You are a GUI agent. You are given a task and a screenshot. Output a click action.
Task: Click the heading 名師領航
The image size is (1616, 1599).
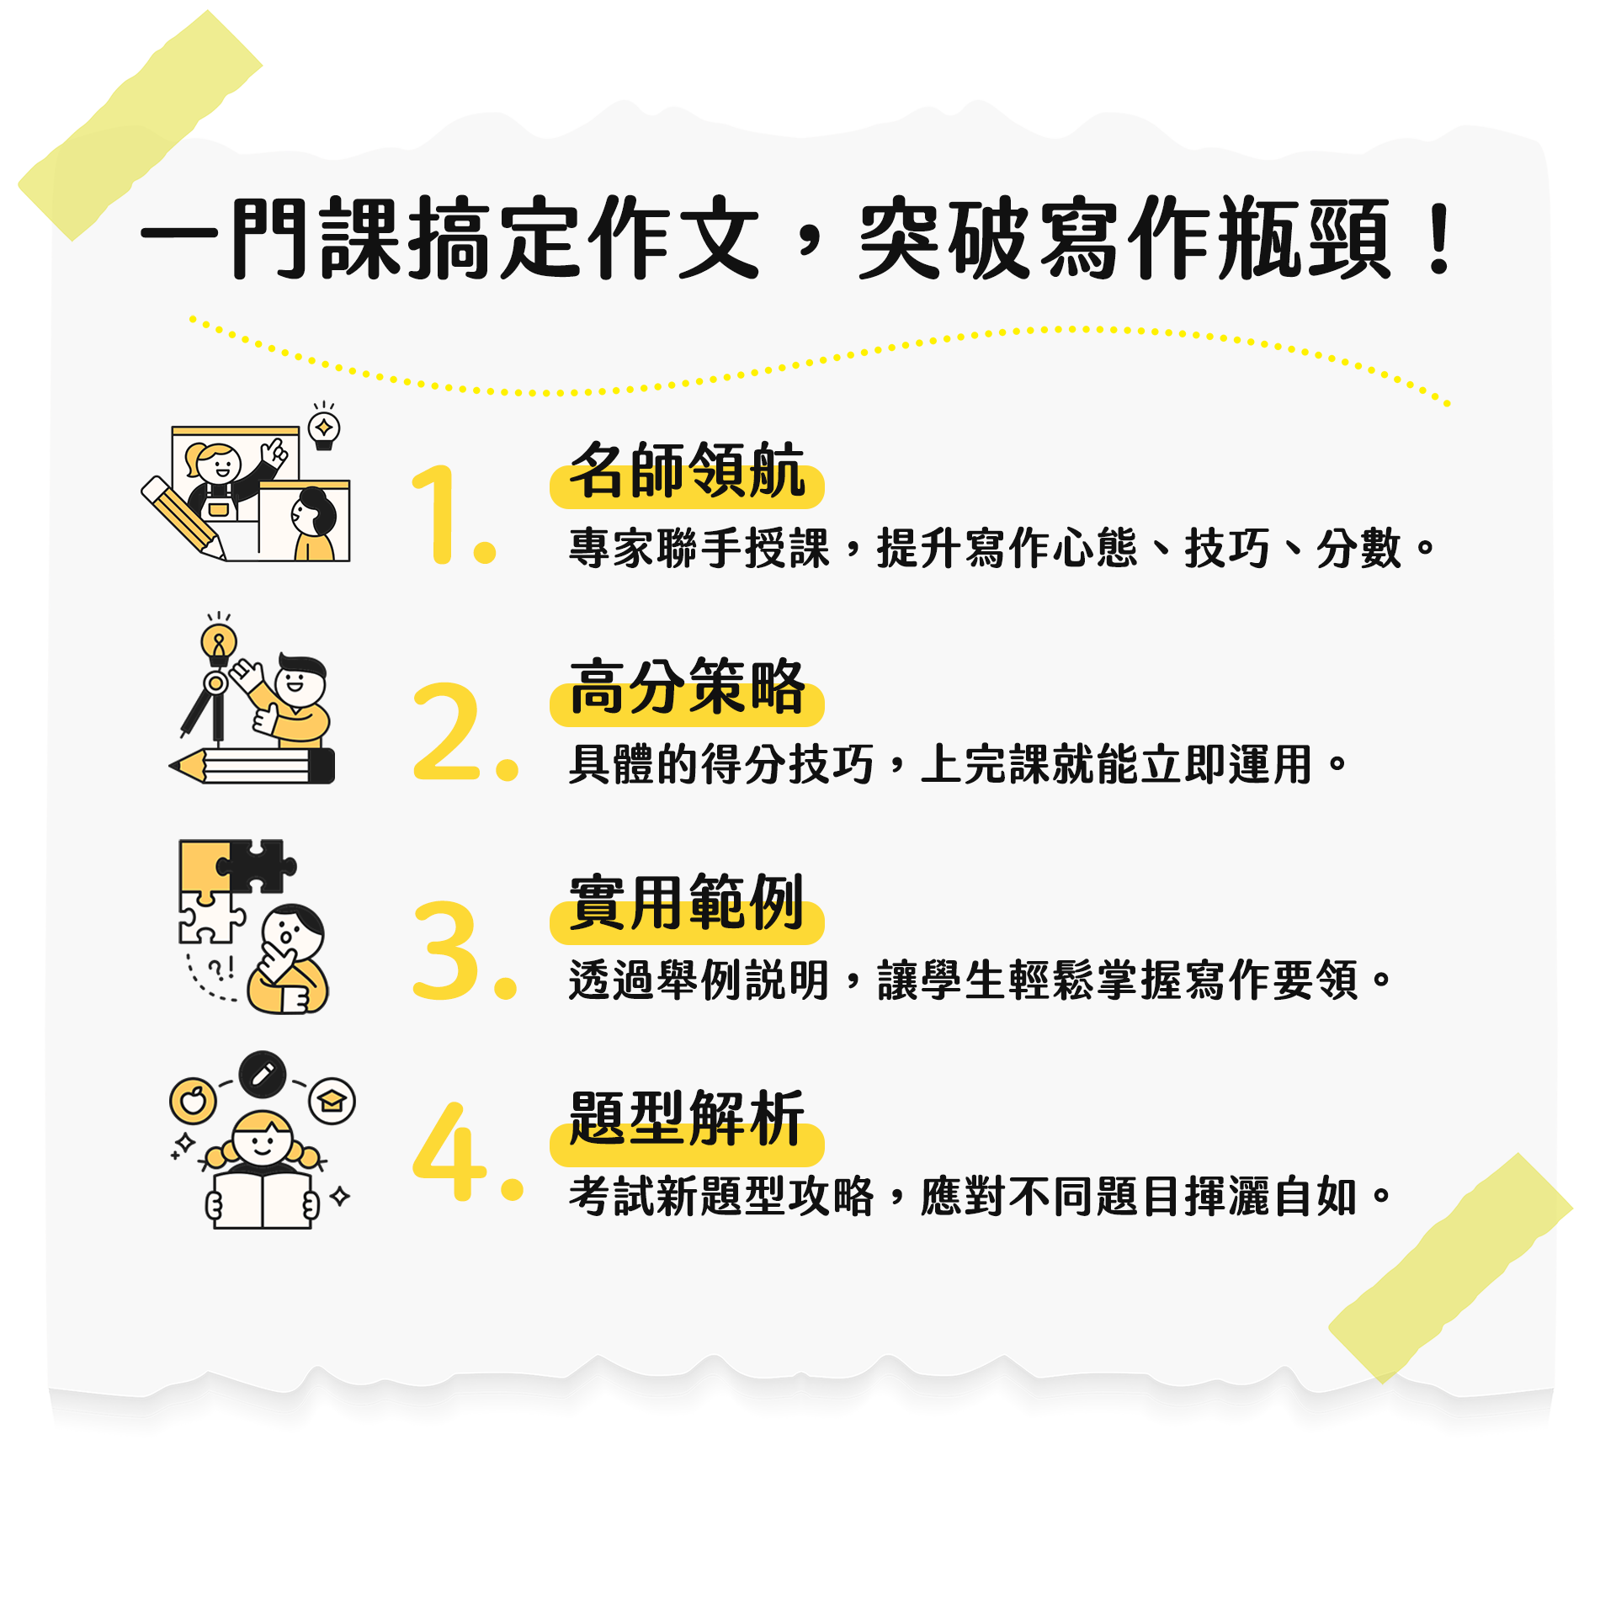click(687, 471)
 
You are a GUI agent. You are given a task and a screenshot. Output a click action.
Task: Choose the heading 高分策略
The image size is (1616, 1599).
click(687, 688)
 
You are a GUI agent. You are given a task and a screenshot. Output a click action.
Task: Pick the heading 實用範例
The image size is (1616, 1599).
click(687, 904)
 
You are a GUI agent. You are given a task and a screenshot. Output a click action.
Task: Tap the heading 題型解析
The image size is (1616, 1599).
click(687, 1119)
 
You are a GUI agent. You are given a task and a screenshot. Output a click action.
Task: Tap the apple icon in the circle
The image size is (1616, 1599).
click(193, 1100)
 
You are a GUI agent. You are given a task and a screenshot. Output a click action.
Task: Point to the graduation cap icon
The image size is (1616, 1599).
click(332, 1101)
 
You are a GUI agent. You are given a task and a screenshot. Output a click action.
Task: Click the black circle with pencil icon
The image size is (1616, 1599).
click(263, 1074)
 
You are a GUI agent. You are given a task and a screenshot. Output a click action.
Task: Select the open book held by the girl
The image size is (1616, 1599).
click(263, 1198)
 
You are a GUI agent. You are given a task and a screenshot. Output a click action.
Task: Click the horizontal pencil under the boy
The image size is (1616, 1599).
click(252, 766)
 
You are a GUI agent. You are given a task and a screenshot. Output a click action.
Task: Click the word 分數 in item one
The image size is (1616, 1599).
click(1358, 549)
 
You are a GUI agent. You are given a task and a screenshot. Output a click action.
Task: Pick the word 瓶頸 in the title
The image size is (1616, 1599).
click(1305, 240)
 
